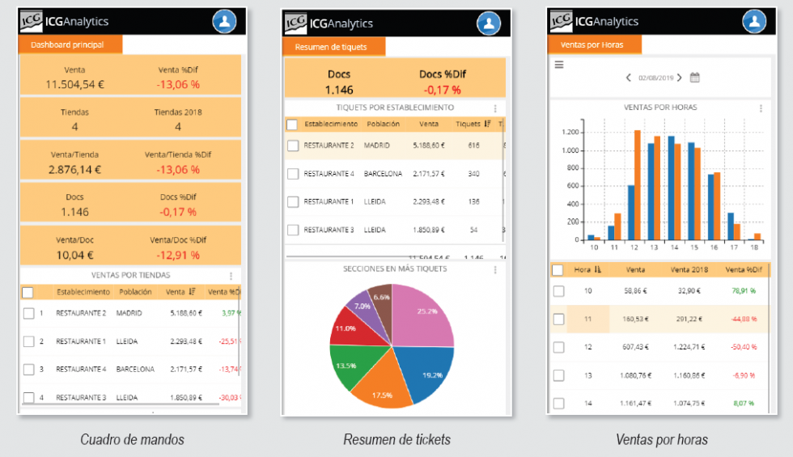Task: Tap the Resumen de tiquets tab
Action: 331,47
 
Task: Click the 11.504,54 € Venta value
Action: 75,84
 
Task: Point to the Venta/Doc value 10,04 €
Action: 75,255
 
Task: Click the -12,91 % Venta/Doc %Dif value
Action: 179,255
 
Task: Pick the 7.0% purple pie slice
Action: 361,306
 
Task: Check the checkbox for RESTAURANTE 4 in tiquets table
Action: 293,174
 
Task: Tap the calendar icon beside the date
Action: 694,78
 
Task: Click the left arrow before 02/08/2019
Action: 629,78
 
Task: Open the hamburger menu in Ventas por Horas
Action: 558,65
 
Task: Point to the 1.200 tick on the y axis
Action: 570,132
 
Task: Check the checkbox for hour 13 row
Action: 558,375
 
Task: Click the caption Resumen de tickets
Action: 396,440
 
